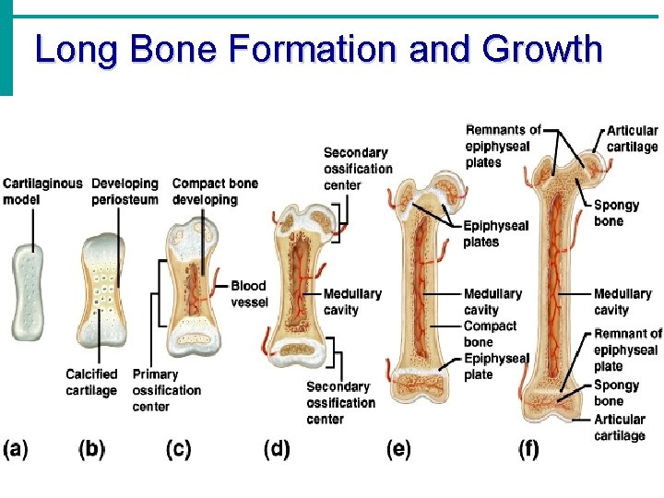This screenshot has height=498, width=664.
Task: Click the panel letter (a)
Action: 16,449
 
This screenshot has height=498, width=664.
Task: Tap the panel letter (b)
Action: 92,449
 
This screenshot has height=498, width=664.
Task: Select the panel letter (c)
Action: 178,449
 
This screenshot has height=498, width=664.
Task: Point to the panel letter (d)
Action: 277,449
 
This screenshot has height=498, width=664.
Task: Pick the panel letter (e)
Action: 398,449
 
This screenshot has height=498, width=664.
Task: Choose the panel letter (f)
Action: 528,449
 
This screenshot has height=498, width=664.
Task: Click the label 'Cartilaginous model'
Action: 41,192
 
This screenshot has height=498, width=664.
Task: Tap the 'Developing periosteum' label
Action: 125,192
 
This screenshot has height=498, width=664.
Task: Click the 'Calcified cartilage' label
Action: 91,382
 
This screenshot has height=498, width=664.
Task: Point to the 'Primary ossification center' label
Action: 166,390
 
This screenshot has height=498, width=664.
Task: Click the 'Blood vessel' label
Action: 249,294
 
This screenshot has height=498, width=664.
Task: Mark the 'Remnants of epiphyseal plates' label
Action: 503,147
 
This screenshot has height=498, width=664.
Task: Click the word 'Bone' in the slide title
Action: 171,49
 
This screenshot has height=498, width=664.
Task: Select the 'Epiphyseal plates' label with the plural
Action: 495,233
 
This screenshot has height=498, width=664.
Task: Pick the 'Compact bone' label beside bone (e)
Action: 490,334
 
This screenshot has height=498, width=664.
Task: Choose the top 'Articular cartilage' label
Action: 632,138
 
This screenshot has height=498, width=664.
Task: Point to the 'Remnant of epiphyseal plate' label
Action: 627,350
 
